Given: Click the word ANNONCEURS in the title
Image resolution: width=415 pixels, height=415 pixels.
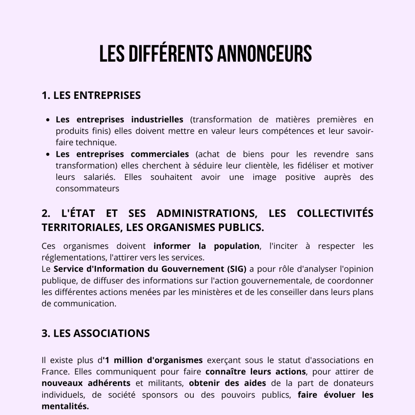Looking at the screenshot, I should point(265,54).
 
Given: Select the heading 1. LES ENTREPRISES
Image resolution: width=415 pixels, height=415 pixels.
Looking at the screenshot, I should point(91,95).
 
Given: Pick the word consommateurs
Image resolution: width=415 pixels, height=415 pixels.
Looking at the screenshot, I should point(88,189).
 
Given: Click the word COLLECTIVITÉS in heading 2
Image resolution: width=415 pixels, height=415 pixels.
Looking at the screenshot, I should point(335,214).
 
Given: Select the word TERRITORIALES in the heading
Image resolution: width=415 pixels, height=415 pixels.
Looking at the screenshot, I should point(81,227).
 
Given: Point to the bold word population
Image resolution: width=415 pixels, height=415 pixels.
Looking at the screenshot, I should point(237,246).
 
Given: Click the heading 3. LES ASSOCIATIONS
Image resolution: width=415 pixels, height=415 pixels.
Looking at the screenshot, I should point(96,333).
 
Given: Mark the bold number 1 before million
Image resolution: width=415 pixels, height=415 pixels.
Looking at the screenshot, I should point(107,360).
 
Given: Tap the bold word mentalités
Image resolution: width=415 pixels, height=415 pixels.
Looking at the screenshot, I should point(65,406).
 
